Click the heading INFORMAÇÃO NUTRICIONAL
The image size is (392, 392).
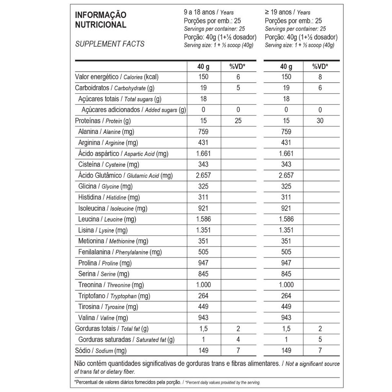tap(100, 20)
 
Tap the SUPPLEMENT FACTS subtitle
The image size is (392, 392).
tap(110, 44)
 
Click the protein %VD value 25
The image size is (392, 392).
tap(238, 121)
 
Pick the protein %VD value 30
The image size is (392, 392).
tap(320, 121)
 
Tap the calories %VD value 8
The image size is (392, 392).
tap(320, 77)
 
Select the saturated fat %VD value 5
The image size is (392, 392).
tap(320, 340)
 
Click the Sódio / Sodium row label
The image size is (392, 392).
tap(101, 351)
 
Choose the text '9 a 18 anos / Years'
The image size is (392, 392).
tap(209, 12)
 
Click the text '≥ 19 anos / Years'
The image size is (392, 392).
tap(287, 12)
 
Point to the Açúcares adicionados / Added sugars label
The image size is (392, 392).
tap(134, 110)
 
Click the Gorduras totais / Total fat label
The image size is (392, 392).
tap(112, 329)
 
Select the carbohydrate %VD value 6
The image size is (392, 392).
tap(320, 88)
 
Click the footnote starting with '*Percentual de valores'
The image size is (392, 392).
tap(167, 382)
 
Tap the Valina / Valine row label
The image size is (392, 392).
tap(103, 318)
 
